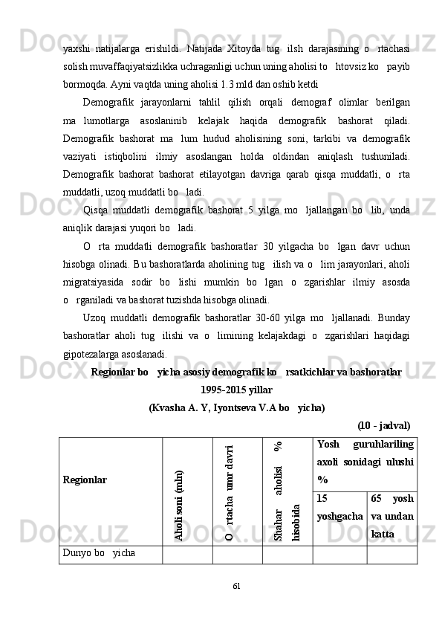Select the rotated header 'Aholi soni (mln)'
tap(179, 503)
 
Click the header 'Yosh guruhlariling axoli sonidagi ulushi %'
tap(365, 461)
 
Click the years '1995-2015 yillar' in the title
tap(236, 390)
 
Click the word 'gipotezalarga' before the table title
tap(90, 353)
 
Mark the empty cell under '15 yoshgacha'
tap(339, 553)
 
